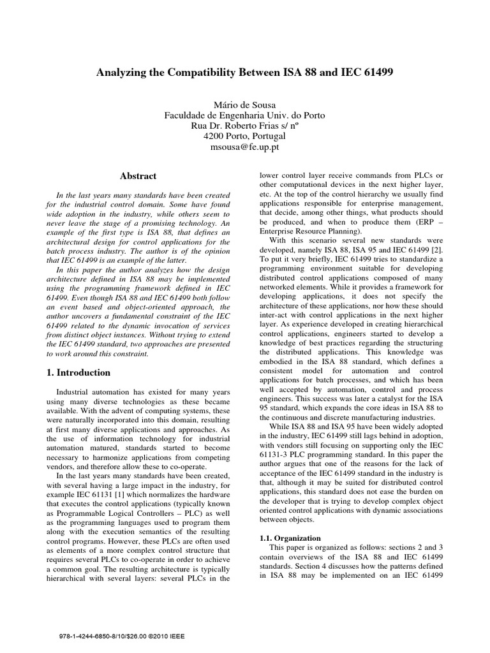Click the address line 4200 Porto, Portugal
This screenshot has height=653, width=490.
pos(244,136)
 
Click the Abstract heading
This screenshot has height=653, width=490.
pos(138,176)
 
